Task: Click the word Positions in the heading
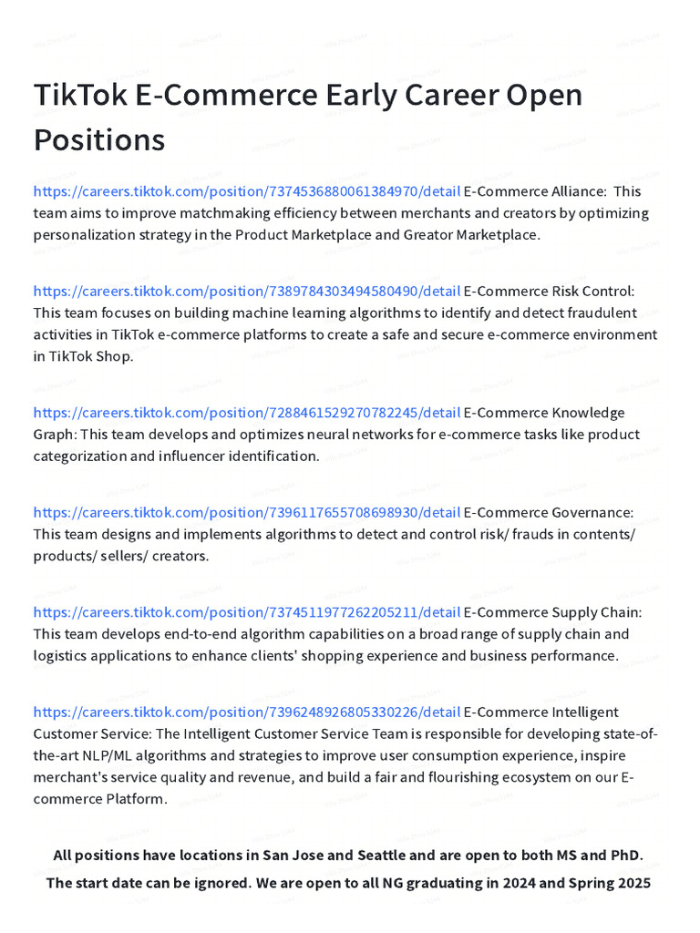click(99, 140)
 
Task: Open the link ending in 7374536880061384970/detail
click(246, 191)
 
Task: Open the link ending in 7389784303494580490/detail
click(246, 292)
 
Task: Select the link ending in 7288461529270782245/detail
click(246, 413)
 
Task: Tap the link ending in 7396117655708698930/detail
click(246, 513)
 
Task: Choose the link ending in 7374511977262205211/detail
click(246, 612)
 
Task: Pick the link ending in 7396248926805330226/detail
click(246, 712)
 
